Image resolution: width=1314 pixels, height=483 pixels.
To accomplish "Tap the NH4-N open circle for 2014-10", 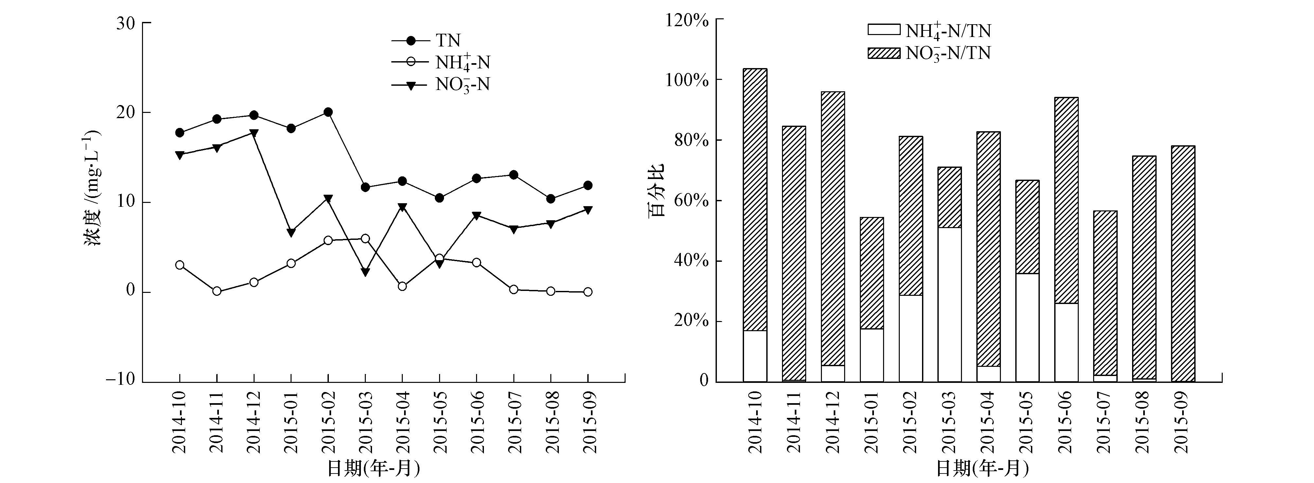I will tap(180, 265).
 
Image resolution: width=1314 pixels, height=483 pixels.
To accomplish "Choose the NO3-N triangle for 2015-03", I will tap(365, 272).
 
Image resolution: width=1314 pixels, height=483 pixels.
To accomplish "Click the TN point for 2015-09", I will tap(588, 185).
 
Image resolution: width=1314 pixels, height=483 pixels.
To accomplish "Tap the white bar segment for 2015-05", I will tap(1027, 328).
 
